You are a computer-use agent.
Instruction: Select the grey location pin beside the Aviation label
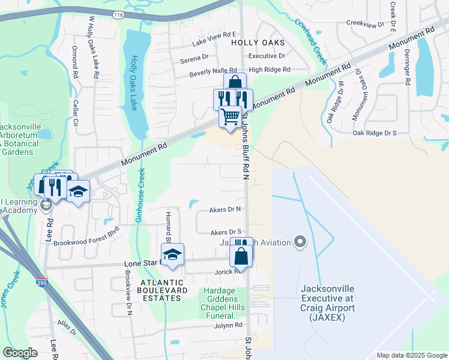pos(301,242)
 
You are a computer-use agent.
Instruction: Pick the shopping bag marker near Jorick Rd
pos(241,256)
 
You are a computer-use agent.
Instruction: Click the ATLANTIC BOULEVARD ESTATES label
pos(160,290)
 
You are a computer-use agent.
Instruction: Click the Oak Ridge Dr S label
pos(375,133)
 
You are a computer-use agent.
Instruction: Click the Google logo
pos(20,353)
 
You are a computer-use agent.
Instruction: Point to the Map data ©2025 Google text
pos(411,355)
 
